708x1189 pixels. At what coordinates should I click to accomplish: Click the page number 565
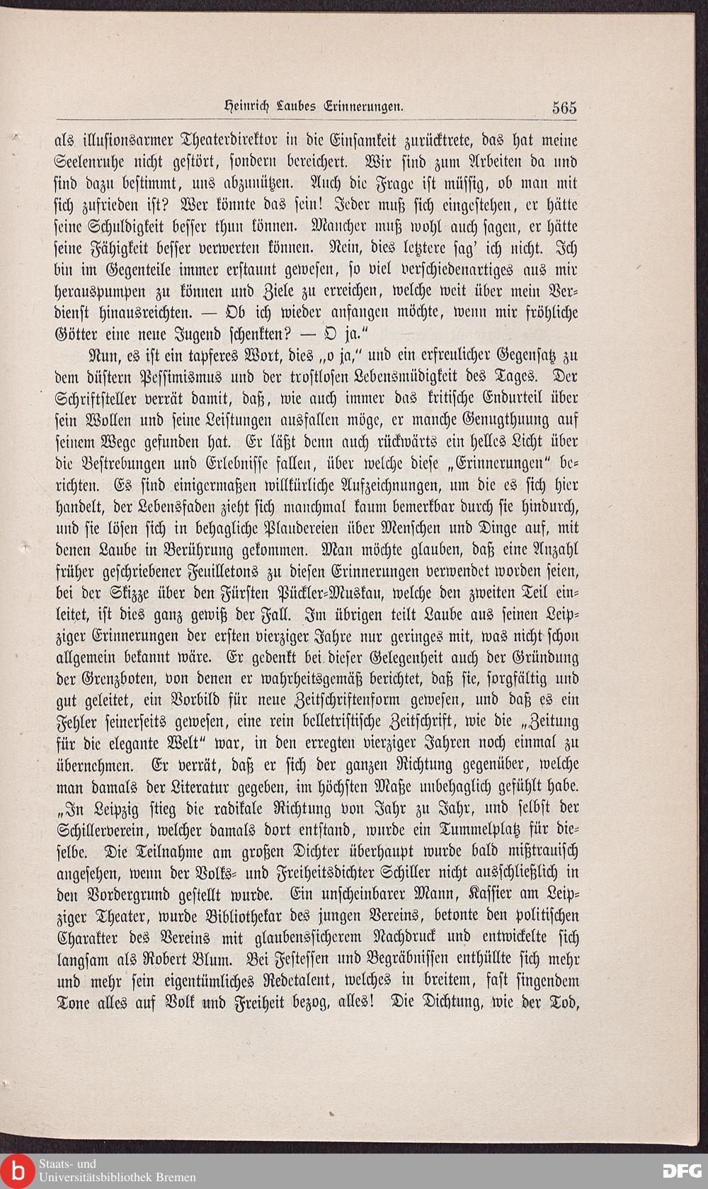point(565,108)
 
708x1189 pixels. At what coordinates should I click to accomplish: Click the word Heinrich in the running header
point(239,108)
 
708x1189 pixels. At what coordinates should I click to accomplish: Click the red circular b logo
point(16,1169)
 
